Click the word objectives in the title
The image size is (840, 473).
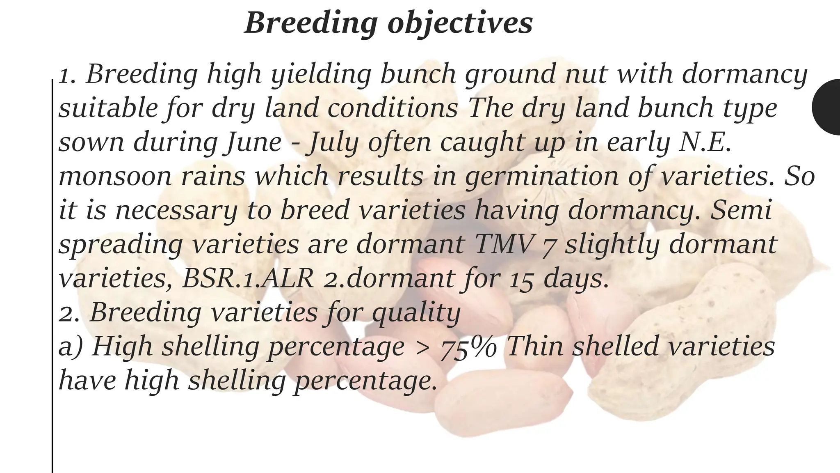pos(460,24)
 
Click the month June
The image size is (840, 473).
pos(252,142)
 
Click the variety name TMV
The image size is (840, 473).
pos(504,244)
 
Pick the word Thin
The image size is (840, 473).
pos(535,347)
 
